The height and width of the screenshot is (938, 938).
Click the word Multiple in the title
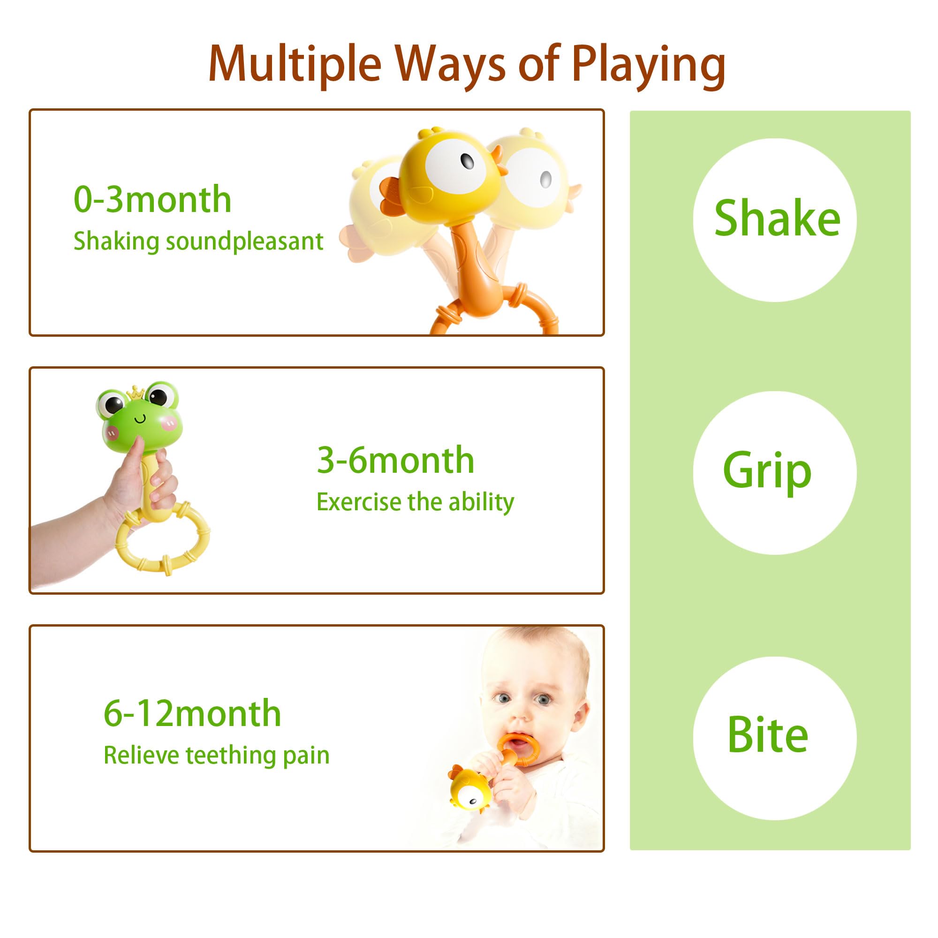[295, 65]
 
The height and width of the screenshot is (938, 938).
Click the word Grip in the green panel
[767, 470]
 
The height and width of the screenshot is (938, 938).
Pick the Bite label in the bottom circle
[768, 735]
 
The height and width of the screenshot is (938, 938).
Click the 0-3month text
[152, 199]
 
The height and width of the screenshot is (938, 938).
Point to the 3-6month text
[395, 460]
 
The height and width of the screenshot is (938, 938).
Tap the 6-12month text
[192, 713]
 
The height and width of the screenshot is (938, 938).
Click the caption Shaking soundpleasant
[198, 241]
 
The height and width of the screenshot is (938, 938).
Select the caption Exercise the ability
[415, 502]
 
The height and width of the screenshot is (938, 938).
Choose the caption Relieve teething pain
[217, 755]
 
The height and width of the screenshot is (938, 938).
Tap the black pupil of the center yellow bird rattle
[467, 161]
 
